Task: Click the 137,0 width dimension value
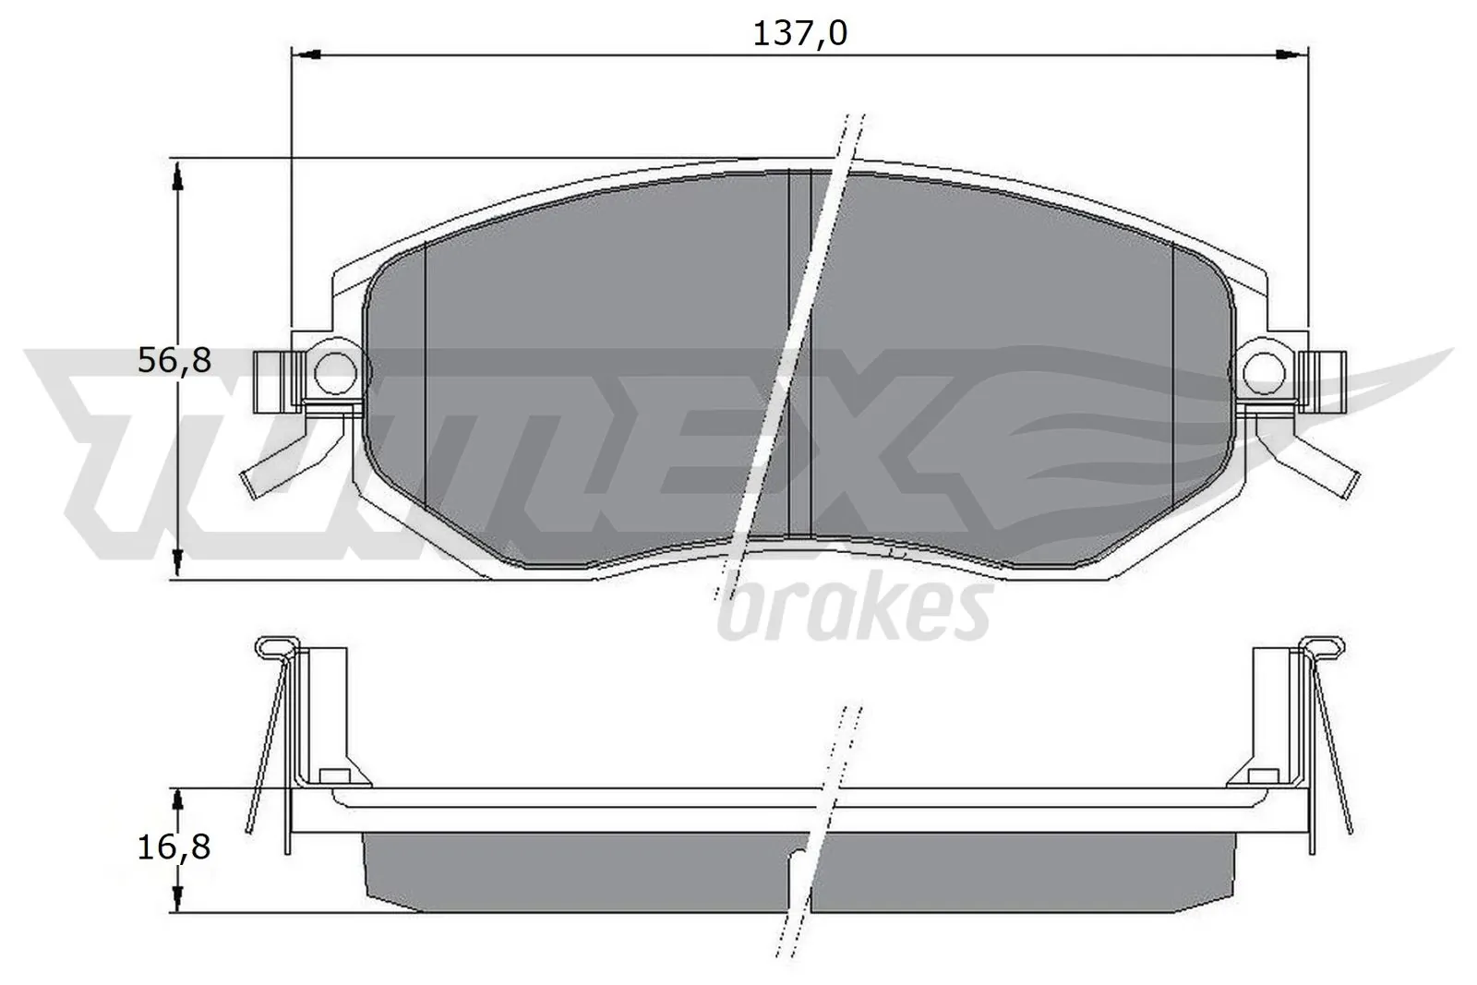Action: [799, 32]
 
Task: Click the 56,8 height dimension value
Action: [174, 361]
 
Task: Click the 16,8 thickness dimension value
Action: [174, 846]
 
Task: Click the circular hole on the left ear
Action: [333, 370]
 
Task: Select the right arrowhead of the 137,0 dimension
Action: [1293, 55]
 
